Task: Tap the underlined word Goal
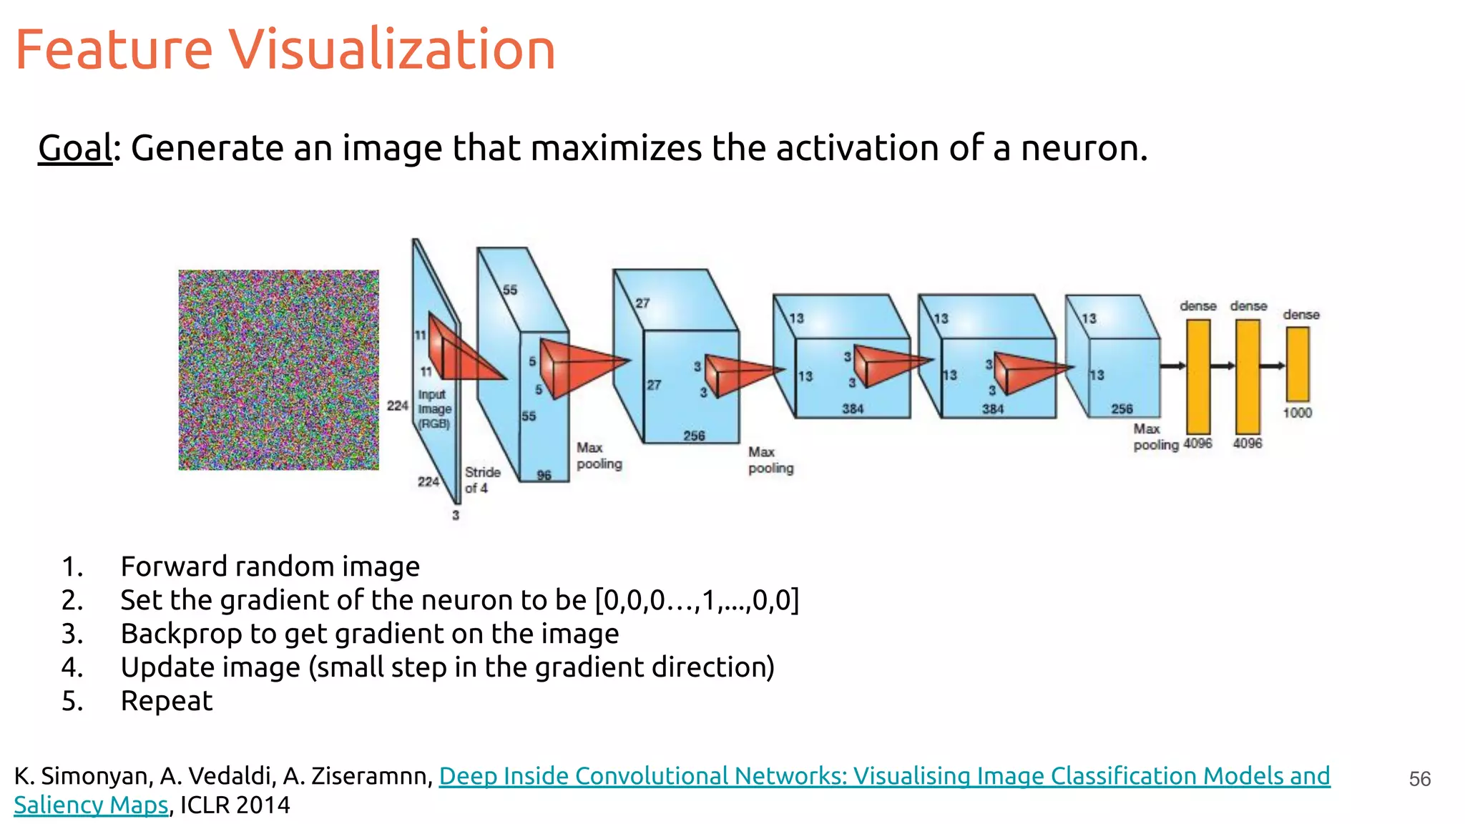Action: click(x=75, y=148)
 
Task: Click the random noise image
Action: click(x=278, y=370)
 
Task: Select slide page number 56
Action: click(x=1419, y=779)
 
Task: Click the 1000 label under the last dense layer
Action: click(x=1297, y=413)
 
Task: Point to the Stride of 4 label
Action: click(x=481, y=480)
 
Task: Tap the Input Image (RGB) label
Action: click(x=434, y=408)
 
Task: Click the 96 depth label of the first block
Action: click(x=544, y=475)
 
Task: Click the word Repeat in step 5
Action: click(x=167, y=701)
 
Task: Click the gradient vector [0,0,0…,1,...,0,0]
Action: click(x=697, y=600)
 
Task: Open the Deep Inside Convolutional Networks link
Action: click(x=884, y=776)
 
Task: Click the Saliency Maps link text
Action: click(x=91, y=805)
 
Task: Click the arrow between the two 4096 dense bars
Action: click(x=1223, y=366)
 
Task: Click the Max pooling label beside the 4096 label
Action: click(x=1155, y=437)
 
